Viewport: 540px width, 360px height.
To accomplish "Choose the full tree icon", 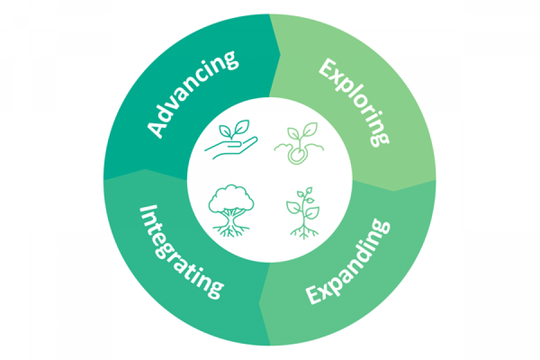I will (x=231, y=210).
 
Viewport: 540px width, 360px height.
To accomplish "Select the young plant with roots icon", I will (x=302, y=213).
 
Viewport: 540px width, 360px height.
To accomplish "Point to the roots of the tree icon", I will (x=231, y=228).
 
